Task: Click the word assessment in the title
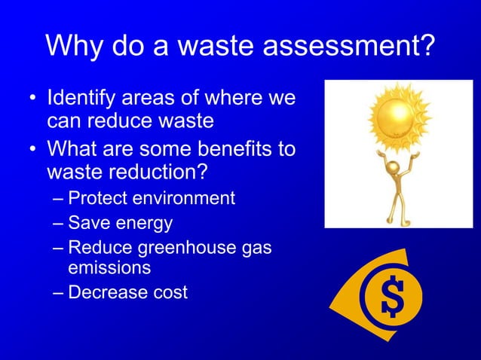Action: pyautogui.click(x=346, y=47)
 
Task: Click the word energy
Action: pyautogui.click(x=146, y=224)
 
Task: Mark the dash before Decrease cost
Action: pyautogui.click(x=59, y=292)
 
